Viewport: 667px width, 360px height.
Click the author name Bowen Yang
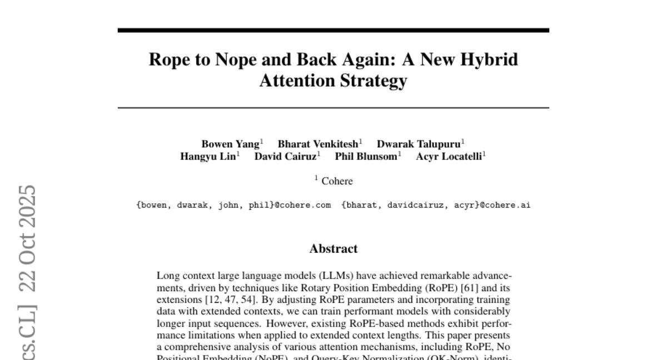[230, 144]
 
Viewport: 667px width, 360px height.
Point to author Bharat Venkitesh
[319, 144]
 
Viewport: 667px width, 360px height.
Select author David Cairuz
[286, 157]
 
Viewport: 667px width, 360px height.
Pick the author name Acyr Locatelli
[449, 157]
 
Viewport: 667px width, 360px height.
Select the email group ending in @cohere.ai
[436, 206]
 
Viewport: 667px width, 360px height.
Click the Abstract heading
[333, 248]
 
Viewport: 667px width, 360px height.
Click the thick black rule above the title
[333, 30]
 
